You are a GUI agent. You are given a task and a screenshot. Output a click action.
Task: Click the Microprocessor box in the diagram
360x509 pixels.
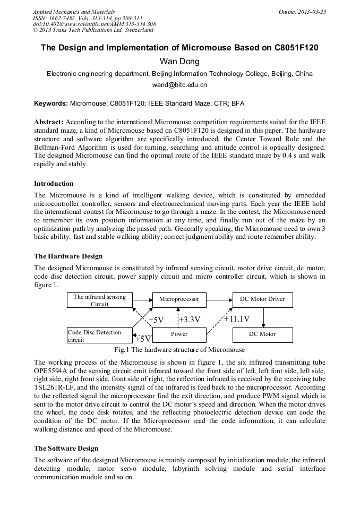pos(179,300)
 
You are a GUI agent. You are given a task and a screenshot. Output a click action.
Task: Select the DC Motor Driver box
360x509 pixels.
pos(262,300)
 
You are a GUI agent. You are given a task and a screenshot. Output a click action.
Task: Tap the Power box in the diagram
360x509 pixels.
pos(179,334)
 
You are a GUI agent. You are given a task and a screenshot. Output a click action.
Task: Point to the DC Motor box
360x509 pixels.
pos(262,334)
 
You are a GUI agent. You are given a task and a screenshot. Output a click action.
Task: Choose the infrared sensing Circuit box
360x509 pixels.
pos(100,300)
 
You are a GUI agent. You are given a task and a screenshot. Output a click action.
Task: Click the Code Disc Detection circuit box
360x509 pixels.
pos(100,335)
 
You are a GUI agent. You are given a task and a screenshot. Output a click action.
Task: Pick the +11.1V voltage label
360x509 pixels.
pos(237,319)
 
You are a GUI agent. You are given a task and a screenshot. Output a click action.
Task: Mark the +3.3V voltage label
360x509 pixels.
pos(190,320)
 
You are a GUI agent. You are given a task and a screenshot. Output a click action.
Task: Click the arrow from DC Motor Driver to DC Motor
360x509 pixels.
pos(263,317)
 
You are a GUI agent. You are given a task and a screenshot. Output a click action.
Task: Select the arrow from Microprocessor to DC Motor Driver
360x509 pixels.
pos(219,300)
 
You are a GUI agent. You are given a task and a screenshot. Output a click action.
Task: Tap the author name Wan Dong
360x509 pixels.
pos(179,62)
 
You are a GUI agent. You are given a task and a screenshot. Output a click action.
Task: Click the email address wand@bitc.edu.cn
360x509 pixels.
pos(179,85)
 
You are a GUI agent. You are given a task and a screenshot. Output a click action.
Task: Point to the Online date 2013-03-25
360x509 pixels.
pos(302,12)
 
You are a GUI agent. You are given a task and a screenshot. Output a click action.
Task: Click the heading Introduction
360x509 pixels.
pos(54,184)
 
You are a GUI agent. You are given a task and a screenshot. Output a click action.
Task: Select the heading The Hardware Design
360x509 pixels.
pos(68,256)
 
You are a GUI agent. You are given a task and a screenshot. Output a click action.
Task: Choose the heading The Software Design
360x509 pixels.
pos(66,448)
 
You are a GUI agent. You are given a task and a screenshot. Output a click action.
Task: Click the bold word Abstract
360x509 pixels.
pos(49,122)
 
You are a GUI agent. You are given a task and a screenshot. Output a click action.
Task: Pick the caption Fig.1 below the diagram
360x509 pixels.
pos(179,350)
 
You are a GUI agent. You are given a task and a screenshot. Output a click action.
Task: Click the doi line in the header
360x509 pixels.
pos(94,24)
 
